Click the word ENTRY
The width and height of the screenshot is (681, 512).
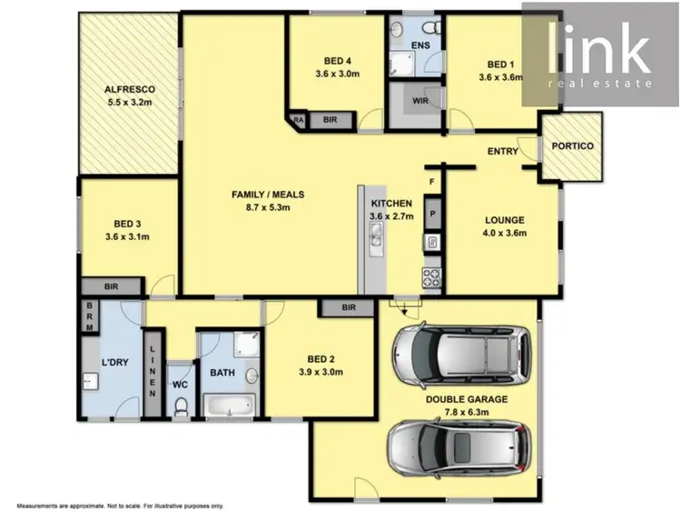502,151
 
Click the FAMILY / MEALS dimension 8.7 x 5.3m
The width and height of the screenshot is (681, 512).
268,208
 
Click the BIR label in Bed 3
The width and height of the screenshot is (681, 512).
112,286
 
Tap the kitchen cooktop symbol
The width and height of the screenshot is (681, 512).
432,276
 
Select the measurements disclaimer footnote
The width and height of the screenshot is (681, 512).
113,504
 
